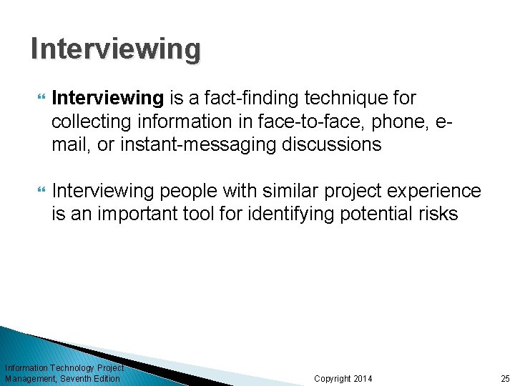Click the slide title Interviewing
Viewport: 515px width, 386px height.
(116, 49)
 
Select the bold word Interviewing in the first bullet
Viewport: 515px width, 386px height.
(108, 97)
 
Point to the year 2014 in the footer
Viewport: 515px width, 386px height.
(363, 378)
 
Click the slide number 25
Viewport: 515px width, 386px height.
(505, 378)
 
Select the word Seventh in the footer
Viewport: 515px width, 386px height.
(77, 378)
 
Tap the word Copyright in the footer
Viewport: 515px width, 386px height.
(333, 378)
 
